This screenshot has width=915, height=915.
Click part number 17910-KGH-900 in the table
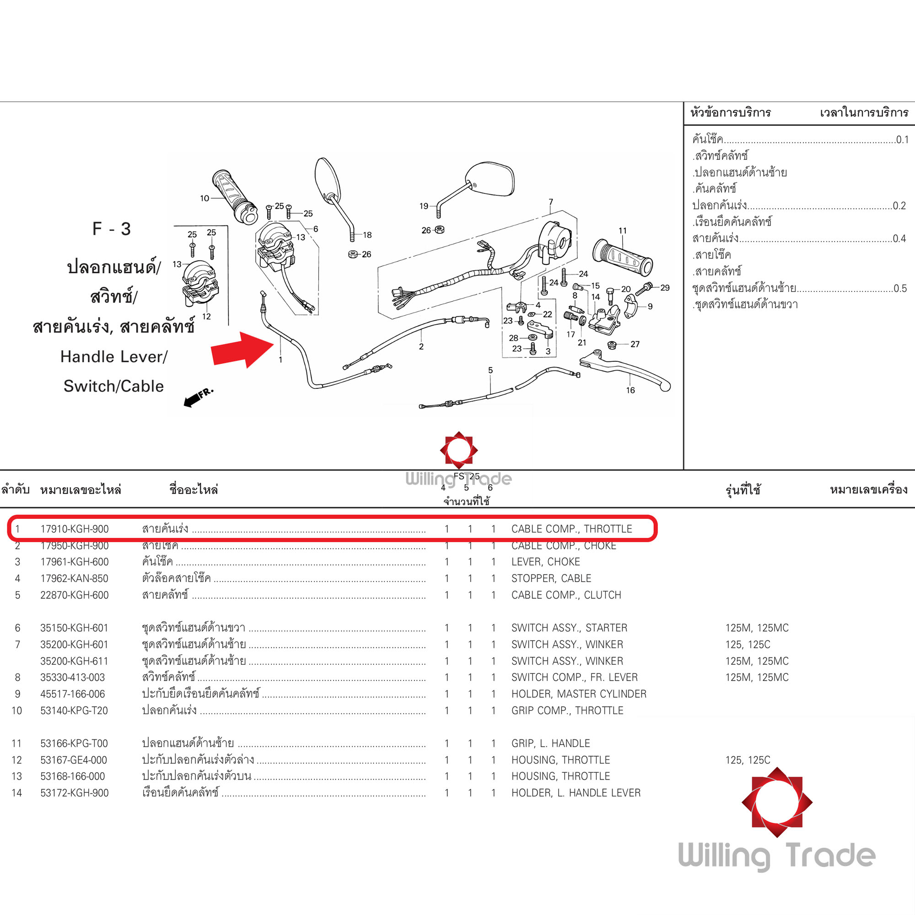(x=75, y=529)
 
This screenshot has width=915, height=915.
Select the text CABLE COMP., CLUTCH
(x=566, y=595)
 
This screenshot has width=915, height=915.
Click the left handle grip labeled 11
(x=623, y=258)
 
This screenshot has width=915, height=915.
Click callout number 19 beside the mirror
(x=423, y=206)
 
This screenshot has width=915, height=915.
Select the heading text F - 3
(x=111, y=229)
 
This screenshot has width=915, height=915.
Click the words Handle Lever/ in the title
(x=113, y=357)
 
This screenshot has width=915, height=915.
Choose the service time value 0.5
(x=900, y=288)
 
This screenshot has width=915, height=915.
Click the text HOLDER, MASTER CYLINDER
(x=579, y=694)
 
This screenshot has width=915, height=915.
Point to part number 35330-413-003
(x=72, y=677)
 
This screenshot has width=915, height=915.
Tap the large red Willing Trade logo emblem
(x=777, y=802)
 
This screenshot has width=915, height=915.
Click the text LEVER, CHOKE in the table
(x=546, y=562)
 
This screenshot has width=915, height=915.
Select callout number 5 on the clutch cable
(x=490, y=371)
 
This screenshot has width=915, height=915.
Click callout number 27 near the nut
(x=635, y=344)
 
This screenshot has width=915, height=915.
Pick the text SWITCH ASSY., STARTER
(x=569, y=628)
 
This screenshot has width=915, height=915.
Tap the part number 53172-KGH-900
(x=75, y=793)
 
